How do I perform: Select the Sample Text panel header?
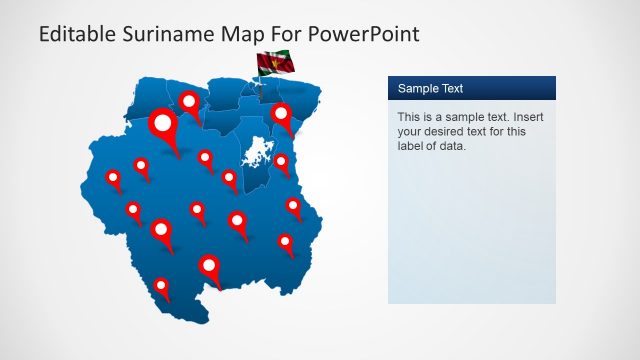click(471, 88)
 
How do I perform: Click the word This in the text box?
click(411, 117)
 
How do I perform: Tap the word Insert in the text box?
click(524, 117)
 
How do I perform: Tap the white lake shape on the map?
click(256, 155)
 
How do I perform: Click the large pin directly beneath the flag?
click(282, 116)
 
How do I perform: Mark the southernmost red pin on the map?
click(161, 288)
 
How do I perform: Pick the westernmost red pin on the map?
click(113, 179)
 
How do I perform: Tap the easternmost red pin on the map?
click(293, 206)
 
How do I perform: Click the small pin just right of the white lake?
click(282, 162)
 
